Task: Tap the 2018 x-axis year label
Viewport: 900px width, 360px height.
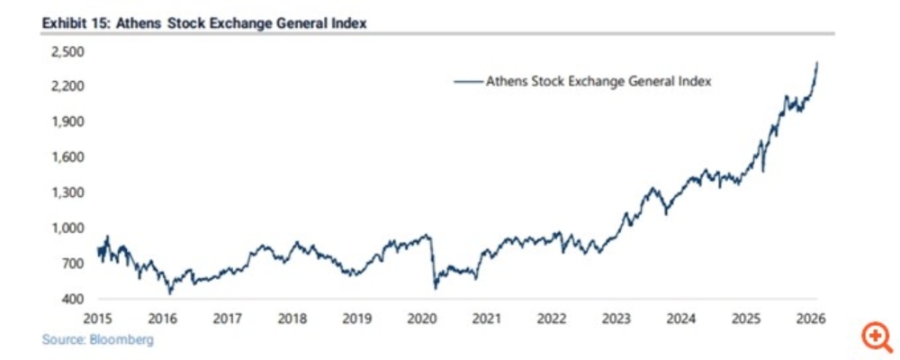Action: coord(292,319)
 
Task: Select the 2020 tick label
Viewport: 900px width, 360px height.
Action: coord(423,319)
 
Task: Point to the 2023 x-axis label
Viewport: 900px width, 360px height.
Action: coord(616,319)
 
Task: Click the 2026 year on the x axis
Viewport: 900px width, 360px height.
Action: coord(810,319)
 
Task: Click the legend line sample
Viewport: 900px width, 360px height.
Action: coord(468,81)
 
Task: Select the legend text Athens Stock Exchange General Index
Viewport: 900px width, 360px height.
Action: coord(599,81)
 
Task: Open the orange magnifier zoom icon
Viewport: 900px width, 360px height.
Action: coord(874,337)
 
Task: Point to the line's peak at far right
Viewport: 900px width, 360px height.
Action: coord(817,62)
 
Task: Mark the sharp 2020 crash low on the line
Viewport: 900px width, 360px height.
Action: coord(436,288)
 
